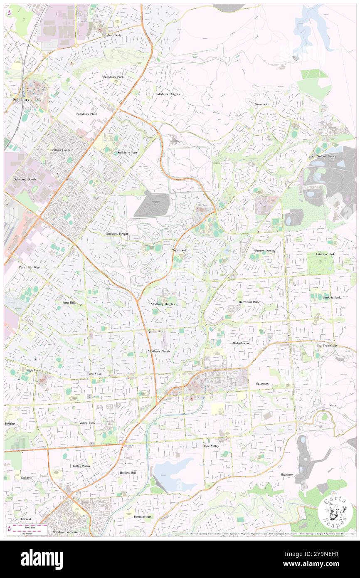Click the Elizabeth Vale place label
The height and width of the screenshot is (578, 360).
[x=111, y=35]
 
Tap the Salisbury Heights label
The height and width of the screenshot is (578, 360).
[x=168, y=94]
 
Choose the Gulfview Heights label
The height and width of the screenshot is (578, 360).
[x=117, y=234]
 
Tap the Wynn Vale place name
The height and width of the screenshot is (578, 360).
[x=180, y=250]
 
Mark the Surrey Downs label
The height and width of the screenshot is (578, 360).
[x=265, y=251]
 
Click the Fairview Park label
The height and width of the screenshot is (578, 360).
[x=325, y=254]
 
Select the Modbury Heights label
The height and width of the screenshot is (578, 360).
[x=163, y=304]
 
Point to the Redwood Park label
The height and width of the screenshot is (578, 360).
[x=249, y=301]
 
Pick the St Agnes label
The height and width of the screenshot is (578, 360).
[x=263, y=383]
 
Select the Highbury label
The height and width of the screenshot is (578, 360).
[x=287, y=474]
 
